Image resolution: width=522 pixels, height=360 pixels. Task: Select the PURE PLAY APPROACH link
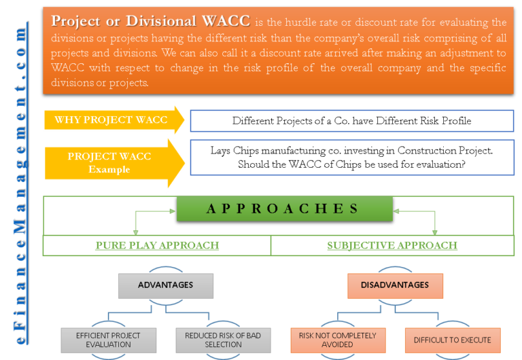click(157, 245)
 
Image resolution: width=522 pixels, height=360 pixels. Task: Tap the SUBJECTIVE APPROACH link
click(391, 245)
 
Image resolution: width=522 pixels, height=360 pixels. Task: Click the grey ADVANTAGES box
click(165, 285)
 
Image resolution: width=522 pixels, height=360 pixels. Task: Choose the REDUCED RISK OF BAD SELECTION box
click(223, 340)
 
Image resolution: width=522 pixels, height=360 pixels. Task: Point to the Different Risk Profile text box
click(351, 121)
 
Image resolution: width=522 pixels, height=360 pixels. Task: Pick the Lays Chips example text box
click(351, 158)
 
